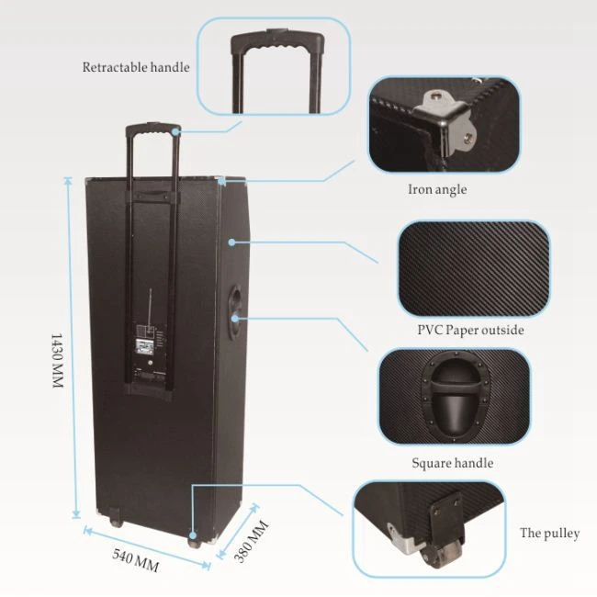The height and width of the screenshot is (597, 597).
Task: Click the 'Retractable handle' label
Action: click(x=136, y=67)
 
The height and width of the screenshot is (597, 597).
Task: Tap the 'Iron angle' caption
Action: click(x=437, y=189)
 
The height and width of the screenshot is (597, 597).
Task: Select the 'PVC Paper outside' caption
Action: click(x=470, y=330)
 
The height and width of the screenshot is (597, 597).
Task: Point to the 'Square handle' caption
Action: click(x=452, y=463)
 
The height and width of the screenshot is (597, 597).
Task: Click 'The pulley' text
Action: click(x=550, y=533)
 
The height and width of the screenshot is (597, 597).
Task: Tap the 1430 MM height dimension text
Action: click(x=57, y=361)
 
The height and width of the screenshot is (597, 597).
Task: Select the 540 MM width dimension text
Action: click(x=136, y=560)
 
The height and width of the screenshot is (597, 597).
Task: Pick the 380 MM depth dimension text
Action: click(x=252, y=542)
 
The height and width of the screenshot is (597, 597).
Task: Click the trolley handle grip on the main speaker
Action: click(x=152, y=130)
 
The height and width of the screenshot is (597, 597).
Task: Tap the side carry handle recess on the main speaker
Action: click(x=235, y=312)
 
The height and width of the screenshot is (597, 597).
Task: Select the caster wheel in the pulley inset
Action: click(x=441, y=551)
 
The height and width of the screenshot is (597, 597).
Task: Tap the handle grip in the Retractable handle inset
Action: click(x=277, y=40)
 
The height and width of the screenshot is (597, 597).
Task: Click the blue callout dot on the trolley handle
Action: click(x=175, y=131)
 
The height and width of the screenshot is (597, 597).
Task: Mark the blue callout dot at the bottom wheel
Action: click(x=193, y=535)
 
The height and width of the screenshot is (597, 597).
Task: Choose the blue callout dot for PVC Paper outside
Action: click(x=231, y=242)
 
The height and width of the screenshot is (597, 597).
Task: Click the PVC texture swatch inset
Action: click(x=474, y=268)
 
